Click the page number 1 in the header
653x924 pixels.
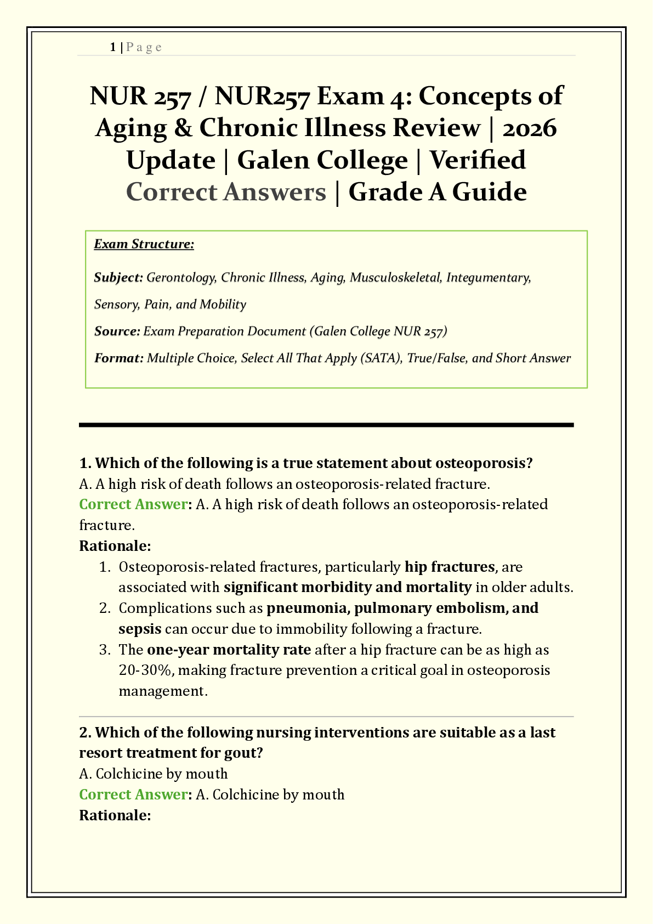click(112, 47)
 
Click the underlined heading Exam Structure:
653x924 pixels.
click(144, 244)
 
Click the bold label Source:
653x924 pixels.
click(117, 331)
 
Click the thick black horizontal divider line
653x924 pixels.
click(326, 425)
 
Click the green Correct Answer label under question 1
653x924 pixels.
click(133, 504)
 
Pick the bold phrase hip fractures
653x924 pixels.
click(450, 567)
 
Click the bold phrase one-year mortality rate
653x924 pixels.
click(229, 650)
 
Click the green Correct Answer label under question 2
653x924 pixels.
click(133, 795)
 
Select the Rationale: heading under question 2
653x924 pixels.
click(115, 815)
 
